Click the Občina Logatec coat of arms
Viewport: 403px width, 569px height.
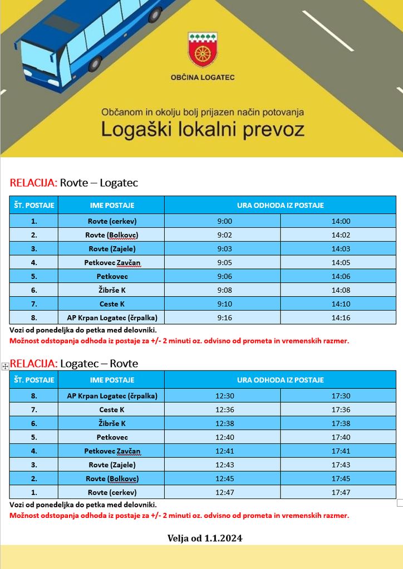(203, 49)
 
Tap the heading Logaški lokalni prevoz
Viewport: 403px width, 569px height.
(203, 129)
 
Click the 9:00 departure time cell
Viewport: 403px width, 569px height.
(224, 221)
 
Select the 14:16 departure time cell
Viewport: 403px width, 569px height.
(341, 318)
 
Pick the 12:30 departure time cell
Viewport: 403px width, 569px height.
(224, 396)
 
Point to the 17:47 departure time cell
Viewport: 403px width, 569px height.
(341, 492)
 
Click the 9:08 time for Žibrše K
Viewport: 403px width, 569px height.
(224, 290)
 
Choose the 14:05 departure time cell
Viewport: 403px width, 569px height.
(341, 262)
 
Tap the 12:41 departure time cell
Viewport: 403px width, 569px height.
(224, 451)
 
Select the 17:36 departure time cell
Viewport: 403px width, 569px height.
(341, 410)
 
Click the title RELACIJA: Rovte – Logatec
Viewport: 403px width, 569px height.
(74, 183)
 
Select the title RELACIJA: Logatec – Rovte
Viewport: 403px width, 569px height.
(74, 363)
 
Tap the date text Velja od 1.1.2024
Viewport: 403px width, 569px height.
(205, 538)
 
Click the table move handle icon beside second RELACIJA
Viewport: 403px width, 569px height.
(5, 366)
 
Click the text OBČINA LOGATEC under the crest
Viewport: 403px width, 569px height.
(203, 77)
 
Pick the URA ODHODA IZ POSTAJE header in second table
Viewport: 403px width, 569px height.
(281, 380)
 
